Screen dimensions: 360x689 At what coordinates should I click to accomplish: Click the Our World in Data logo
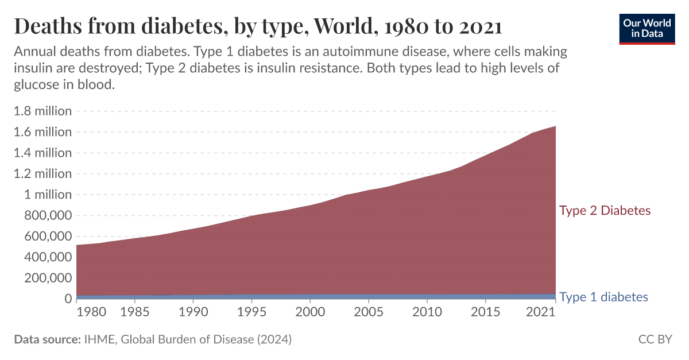coord(647,28)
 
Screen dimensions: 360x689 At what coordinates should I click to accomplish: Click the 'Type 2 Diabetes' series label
coord(605,211)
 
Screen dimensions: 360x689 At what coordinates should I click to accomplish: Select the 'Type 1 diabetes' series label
coord(603,297)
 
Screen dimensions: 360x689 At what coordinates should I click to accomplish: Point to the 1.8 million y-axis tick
coord(42,111)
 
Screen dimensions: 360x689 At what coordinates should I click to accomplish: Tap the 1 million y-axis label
coord(48,195)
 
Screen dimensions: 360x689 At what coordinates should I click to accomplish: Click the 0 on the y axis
coord(68,299)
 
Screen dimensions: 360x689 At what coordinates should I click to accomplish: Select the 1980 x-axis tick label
coord(90,313)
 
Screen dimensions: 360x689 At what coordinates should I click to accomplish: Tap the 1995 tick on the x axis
coord(251,313)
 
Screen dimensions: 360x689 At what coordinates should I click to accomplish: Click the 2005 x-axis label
coord(369,313)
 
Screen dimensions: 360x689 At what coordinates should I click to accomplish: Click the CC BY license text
coord(655,339)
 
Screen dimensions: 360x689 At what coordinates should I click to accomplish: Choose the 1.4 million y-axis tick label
coord(42,153)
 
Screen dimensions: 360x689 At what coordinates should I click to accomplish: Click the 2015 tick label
coord(486,313)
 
